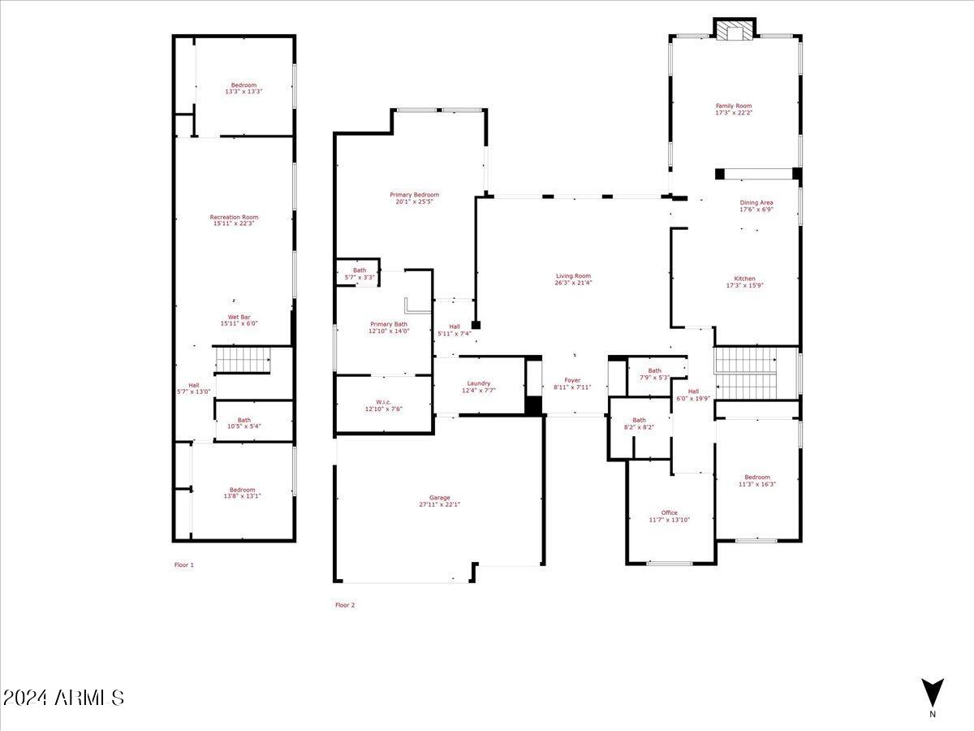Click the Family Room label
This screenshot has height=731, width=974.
tap(733, 106)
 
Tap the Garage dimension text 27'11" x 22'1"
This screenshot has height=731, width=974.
tap(439, 504)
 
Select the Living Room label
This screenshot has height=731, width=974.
tap(573, 275)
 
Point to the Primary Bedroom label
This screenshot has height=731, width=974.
tap(414, 194)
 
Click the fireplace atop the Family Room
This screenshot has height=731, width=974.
tap(735, 30)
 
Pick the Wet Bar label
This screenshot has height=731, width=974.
tap(239, 317)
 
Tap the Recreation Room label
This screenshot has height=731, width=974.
tap(234, 217)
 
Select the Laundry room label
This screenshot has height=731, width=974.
tap(479, 383)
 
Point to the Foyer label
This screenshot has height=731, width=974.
tap(573, 380)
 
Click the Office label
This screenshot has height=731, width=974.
tap(669, 513)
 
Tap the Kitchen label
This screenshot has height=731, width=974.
tap(744, 279)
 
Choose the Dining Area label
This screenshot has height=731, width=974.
tap(756, 202)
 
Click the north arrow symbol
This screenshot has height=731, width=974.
tap(932, 693)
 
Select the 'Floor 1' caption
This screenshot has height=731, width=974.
tap(184, 564)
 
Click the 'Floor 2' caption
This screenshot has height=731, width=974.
tap(345, 605)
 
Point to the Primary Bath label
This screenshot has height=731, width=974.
tap(389, 324)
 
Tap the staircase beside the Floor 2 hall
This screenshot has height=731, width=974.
tap(745, 373)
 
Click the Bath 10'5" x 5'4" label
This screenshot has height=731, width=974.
tap(244, 420)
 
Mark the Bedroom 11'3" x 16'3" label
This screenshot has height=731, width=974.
tap(757, 477)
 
